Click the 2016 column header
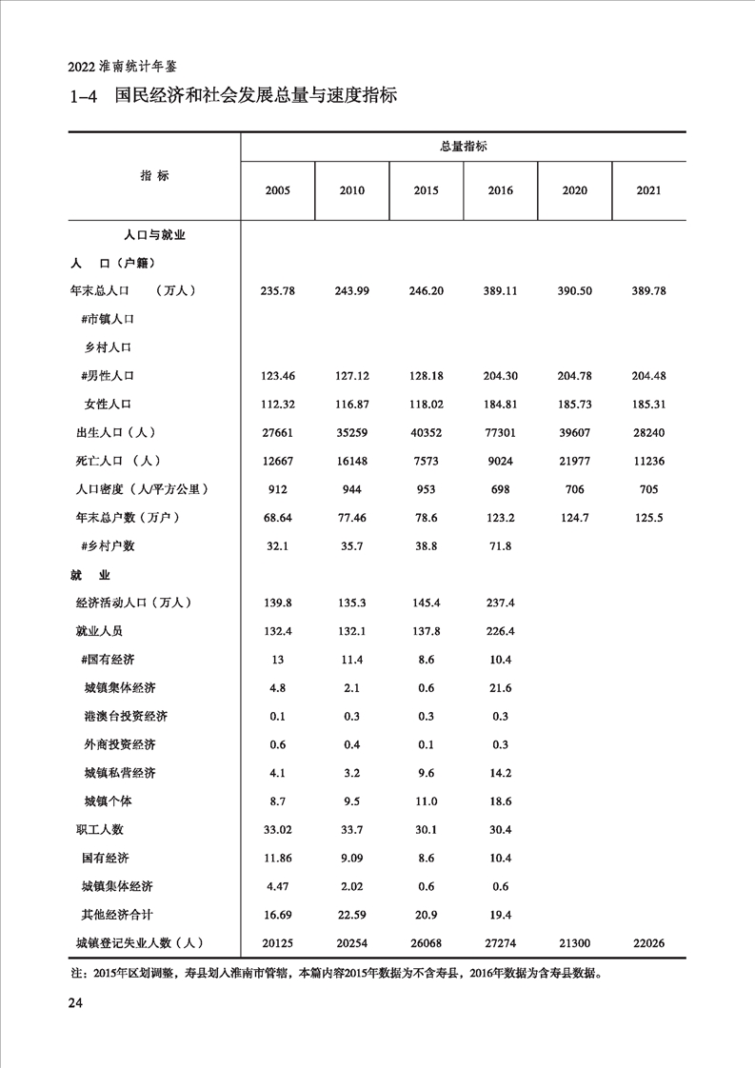pyautogui.click(x=500, y=190)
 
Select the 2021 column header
pyautogui.click(x=648, y=190)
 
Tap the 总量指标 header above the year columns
pyautogui.click(x=463, y=147)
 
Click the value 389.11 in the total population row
pyautogui.click(x=500, y=290)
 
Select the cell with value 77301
pyautogui.click(x=500, y=433)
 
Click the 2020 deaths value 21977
pyautogui.click(x=574, y=462)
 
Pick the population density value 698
pyautogui.click(x=500, y=490)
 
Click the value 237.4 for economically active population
pyautogui.click(x=500, y=603)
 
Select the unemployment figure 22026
pyautogui.click(x=648, y=943)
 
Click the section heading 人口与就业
pyautogui.click(x=154, y=234)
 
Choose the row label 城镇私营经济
pyautogui.click(x=120, y=773)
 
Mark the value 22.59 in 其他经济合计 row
pyautogui.click(x=351, y=915)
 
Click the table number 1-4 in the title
pyautogui.click(x=85, y=96)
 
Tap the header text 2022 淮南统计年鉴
pyautogui.click(x=123, y=68)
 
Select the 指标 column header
pyautogui.click(x=154, y=176)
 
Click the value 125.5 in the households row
pyautogui.click(x=648, y=518)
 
